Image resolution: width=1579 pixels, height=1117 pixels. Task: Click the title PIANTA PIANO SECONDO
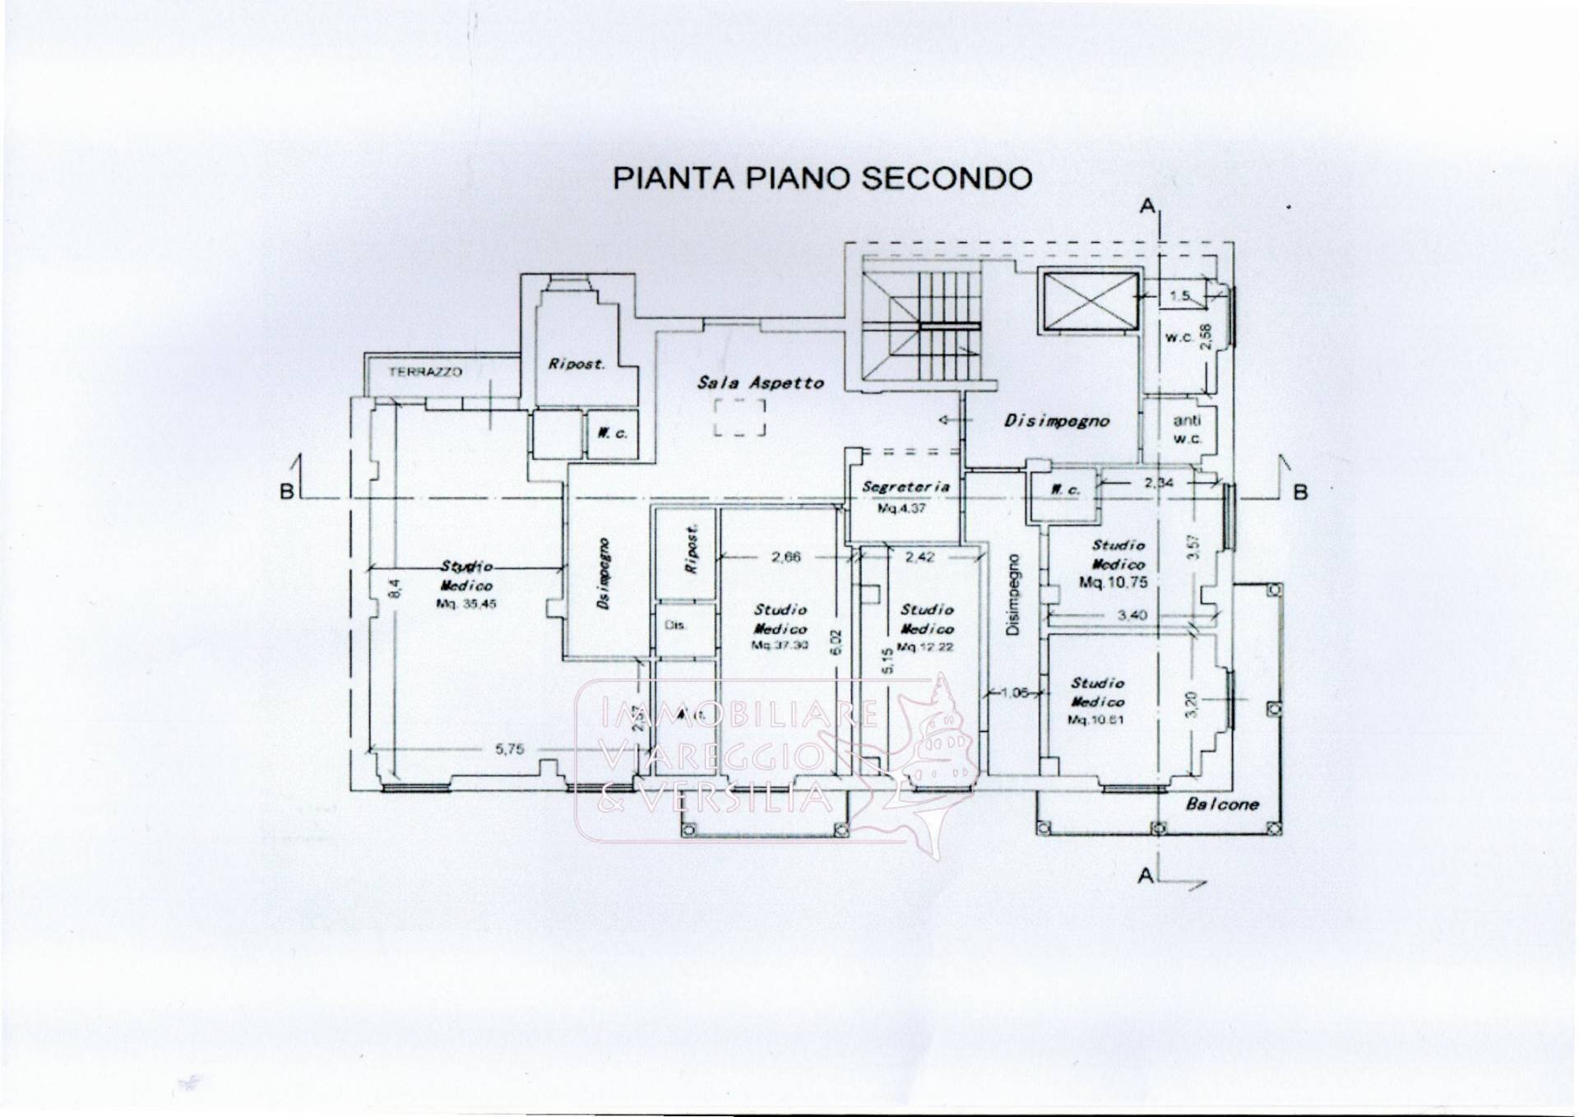tap(822, 178)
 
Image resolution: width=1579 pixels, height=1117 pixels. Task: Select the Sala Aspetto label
tap(760, 382)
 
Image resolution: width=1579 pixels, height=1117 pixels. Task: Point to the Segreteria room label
tap(905, 487)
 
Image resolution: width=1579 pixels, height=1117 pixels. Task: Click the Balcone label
tap(1222, 804)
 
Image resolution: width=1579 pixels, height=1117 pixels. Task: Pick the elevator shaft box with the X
tap(1090, 300)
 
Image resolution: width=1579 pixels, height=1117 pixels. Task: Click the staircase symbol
tap(921, 326)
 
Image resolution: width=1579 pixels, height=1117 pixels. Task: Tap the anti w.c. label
tap(1187, 429)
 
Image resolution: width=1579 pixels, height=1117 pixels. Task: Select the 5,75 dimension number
tap(509, 749)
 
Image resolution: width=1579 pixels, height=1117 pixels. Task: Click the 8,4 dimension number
tap(395, 588)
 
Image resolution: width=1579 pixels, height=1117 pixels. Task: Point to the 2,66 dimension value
tap(785, 557)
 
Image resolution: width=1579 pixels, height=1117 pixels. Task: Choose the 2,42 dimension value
tap(919, 557)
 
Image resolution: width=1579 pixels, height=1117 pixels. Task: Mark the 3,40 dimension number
tap(1132, 614)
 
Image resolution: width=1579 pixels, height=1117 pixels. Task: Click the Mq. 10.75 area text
tap(1114, 582)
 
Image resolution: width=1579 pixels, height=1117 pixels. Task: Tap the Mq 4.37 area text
tap(901, 509)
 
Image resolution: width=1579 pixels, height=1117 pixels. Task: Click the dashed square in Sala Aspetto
tap(739, 417)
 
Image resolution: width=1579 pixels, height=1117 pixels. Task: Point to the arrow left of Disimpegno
tap(948, 420)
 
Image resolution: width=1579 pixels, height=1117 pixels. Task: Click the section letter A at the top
tap(1147, 206)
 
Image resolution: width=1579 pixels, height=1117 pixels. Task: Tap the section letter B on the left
tap(287, 492)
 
